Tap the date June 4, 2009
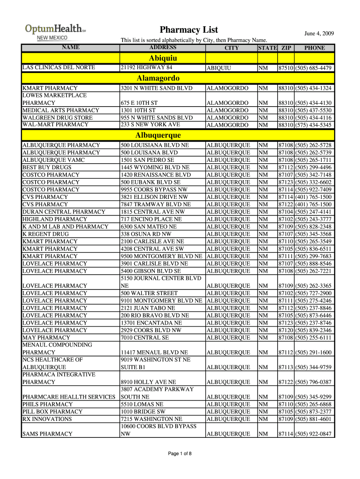click(319, 33)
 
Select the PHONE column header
click(314, 48)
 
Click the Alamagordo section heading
click(158, 78)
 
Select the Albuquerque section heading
click(158, 135)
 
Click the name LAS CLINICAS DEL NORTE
click(59, 68)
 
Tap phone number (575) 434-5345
click(314, 125)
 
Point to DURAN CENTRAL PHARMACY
click(64, 212)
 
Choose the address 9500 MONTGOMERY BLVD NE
click(161, 256)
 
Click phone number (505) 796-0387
click(314, 382)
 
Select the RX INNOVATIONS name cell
click(47, 419)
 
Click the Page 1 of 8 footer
click(180, 453)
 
